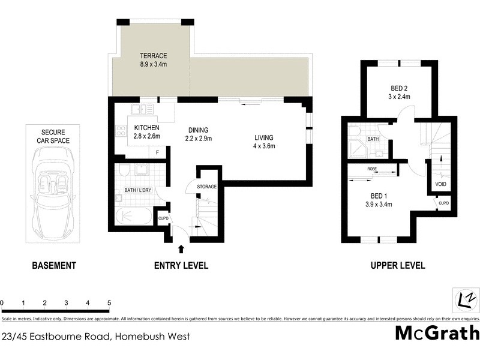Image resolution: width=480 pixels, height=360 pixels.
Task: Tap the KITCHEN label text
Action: click(146, 128)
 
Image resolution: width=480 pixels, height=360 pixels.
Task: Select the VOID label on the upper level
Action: click(439, 184)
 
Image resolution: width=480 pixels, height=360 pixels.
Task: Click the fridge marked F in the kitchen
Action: click(157, 152)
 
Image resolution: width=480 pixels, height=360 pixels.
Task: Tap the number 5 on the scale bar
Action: click(109, 303)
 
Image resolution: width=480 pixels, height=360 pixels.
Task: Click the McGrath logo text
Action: click(437, 333)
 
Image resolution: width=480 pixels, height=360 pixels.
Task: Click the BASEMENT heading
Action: click(54, 265)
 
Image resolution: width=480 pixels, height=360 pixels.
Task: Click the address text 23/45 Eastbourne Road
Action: click(96, 336)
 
